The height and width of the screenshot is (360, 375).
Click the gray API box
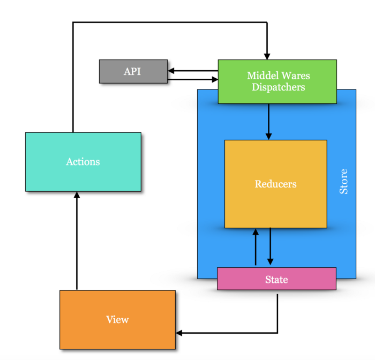point(133,71)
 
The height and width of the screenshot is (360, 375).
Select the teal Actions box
point(83,162)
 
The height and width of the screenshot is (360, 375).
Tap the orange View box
point(117,320)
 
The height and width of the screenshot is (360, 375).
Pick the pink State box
point(276,279)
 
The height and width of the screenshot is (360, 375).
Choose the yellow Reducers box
point(275,184)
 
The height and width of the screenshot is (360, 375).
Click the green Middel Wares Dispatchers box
point(277,81)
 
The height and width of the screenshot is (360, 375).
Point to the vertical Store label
point(344,182)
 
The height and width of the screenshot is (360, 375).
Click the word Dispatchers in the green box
point(278,87)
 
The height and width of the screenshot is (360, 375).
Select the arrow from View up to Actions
point(77,241)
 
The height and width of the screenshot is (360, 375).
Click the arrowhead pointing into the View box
point(179,333)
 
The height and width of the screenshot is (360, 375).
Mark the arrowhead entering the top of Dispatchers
point(267,56)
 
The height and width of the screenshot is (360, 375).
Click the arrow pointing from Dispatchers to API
point(193,70)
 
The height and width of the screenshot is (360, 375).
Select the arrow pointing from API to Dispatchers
point(193,80)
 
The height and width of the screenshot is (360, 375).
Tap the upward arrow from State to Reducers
point(256,247)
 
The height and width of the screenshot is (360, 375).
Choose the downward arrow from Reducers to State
point(270,247)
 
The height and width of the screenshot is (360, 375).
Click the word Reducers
point(275,184)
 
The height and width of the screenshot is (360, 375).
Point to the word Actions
point(83,162)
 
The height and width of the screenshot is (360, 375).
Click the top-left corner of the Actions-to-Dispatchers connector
point(73,22)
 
